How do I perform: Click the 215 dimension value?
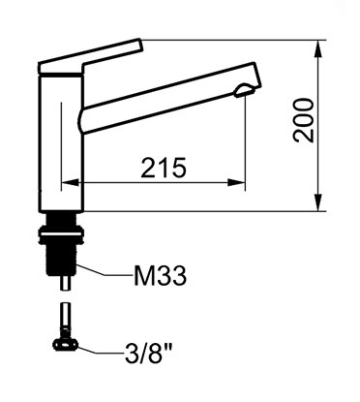click(x=164, y=168)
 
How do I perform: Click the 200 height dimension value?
click(x=303, y=120)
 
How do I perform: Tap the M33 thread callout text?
click(x=160, y=276)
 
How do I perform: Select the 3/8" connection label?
click(x=148, y=354)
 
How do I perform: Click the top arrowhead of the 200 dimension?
click(x=318, y=48)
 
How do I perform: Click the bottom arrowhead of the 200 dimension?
click(x=318, y=202)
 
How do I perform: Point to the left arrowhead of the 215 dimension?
click(x=70, y=182)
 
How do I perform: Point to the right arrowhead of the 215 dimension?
click(x=236, y=182)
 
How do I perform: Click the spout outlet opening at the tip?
click(x=245, y=91)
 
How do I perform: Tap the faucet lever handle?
click(x=90, y=57)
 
